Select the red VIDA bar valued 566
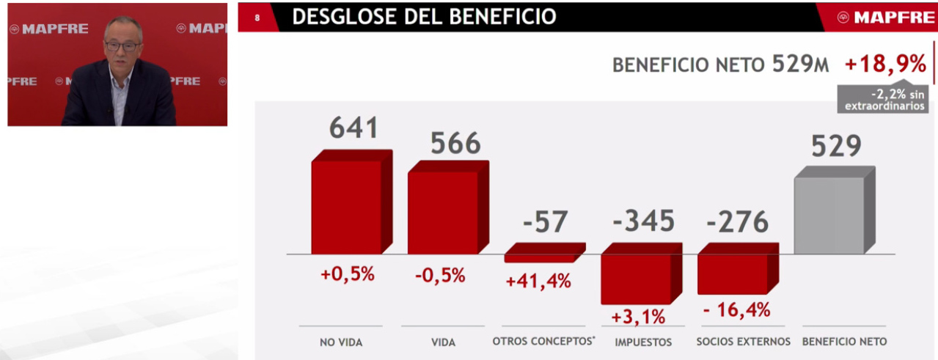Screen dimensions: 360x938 [443, 212]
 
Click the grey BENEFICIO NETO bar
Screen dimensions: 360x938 [829, 215]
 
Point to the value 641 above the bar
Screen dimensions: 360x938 [353, 128]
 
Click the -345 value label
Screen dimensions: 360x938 [642, 221]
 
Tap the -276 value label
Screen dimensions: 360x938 [738, 221]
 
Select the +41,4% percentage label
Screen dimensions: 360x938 [538, 281]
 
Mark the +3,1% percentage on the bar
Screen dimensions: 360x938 [637, 317]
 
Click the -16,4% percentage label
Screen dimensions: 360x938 [736, 310]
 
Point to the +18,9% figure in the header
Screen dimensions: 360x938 [885, 65]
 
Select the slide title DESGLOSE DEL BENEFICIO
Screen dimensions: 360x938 [423, 17]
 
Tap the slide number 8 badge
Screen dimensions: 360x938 [257, 18]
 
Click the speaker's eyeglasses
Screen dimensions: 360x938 [122, 46]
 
